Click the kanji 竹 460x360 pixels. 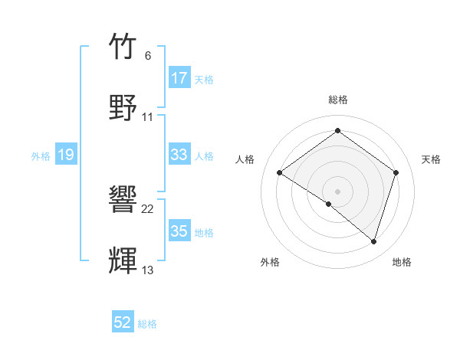coord(123,47)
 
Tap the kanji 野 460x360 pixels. coord(123,106)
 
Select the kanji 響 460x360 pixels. coord(123,200)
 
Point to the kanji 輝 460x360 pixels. coord(123,260)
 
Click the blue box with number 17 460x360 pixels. coord(179,77)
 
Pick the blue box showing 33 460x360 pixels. coord(179,155)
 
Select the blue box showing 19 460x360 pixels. coord(66,155)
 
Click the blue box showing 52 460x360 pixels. coord(123,322)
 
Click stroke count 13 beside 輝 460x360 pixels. coord(148,270)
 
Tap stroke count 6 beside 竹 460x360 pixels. coord(147,56)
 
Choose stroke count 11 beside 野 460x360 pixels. coord(148,116)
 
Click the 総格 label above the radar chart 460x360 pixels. coord(337,100)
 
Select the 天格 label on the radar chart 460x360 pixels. coord(431,159)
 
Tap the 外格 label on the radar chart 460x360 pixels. coord(270,262)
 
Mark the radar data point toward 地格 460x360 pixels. coord(373,242)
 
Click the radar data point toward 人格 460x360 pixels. coord(280,173)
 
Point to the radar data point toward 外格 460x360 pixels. coord(328,204)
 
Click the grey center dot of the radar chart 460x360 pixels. coord(337,191)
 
